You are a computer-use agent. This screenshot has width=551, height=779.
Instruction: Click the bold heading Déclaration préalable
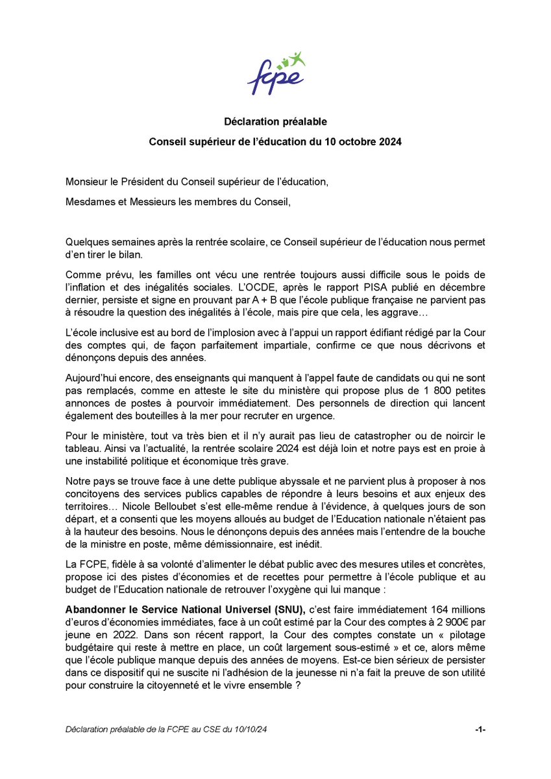point(275,121)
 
